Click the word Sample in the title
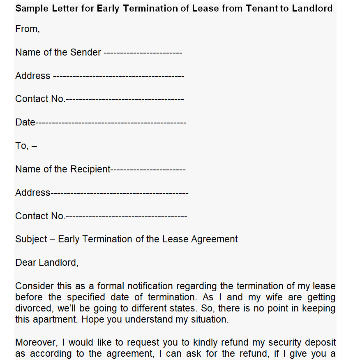pyautogui.click(x=30, y=8)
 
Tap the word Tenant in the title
pyautogui.click(x=262, y=8)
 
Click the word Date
pyautogui.click(x=25, y=123)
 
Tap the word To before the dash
pyautogui.click(x=21, y=146)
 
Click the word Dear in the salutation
pyautogui.click(x=25, y=262)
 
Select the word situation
pyautogui.click(x=208, y=320)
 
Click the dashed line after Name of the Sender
pyautogui.click(x=143, y=53)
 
